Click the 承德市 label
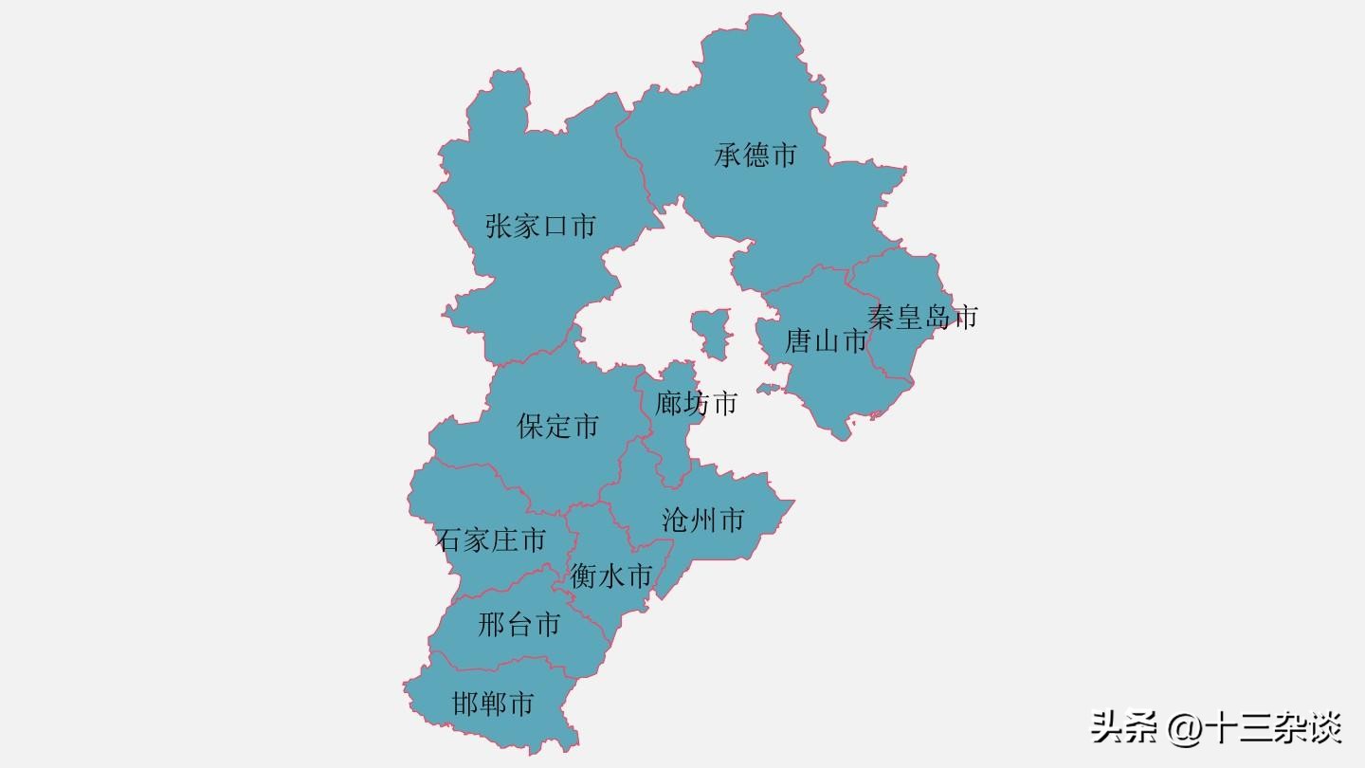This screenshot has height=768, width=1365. [x=755, y=155]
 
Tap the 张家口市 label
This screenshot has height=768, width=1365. [x=540, y=227]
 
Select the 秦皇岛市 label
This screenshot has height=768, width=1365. [x=921, y=317]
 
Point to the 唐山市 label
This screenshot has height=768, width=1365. [x=826, y=340]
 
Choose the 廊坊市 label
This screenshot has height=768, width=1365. [x=696, y=404]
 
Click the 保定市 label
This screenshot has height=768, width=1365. [x=557, y=426]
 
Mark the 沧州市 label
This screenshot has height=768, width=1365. [x=702, y=520]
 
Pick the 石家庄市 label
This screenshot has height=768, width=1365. [x=491, y=540]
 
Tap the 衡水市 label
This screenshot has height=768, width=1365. [x=611, y=576]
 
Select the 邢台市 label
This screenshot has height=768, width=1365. [x=519, y=625]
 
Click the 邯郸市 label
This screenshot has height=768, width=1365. [x=493, y=704]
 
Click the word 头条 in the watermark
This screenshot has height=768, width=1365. [x=1124, y=728]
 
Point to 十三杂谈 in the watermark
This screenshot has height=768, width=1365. [x=1273, y=728]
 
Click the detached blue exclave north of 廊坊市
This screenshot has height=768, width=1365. [x=711, y=332]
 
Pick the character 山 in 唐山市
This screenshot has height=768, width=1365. [x=827, y=340]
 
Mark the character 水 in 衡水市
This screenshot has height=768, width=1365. [x=611, y=576]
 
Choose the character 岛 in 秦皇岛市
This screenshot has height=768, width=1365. [x=937, y=317]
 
